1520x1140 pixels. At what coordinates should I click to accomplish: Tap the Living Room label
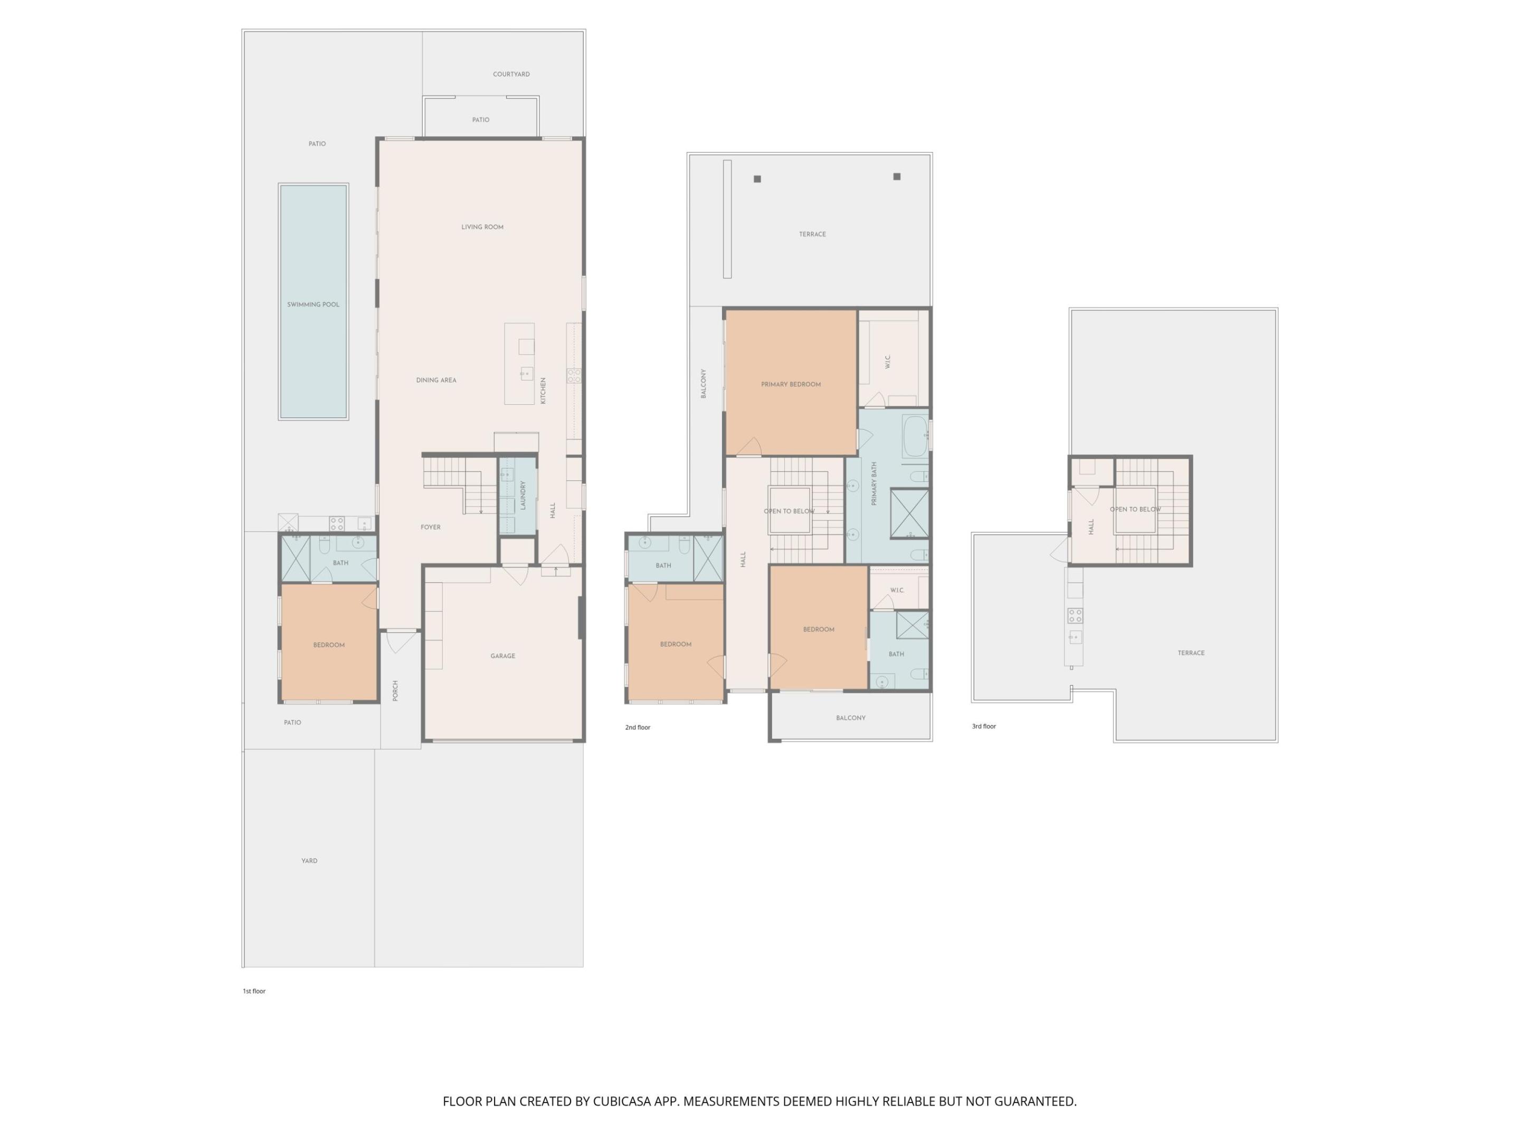(482, 227)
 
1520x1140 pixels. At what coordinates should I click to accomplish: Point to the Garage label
(502, 656)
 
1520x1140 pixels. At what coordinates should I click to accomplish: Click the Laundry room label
(523, 495)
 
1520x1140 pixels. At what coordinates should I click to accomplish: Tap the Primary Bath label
(874, 484)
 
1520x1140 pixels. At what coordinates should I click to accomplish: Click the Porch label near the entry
(396, 690)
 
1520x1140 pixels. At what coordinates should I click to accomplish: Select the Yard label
(309, 861)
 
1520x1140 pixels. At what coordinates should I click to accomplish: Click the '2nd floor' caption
(637, 728)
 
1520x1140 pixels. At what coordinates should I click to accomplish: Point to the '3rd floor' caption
(983, 726)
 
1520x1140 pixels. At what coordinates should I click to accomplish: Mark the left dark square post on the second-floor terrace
(757, 179)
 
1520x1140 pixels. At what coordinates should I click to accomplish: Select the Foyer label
(430, 528)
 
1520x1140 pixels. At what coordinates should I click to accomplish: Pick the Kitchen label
(543, 391)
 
